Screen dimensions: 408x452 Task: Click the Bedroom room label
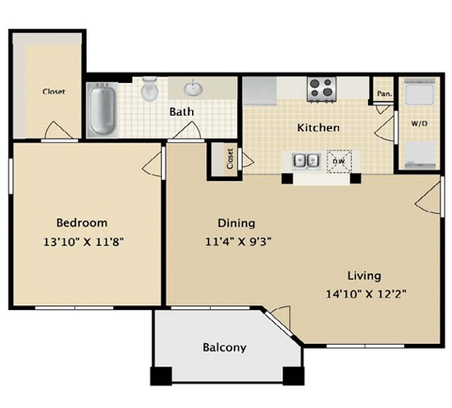[81, 222]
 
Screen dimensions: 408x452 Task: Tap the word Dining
[236, 223]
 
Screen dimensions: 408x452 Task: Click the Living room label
[363, 275]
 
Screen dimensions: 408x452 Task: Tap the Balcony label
[224, 347]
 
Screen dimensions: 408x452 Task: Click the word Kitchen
[318, 127]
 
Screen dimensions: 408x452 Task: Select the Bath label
[182, 112]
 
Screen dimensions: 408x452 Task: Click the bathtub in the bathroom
[101, 108]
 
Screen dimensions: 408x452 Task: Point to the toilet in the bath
[149, 90]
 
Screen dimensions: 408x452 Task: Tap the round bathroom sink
[194, 90]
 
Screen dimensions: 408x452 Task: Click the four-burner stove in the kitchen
[322, 89]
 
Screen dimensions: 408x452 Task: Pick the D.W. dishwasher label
[337, 160]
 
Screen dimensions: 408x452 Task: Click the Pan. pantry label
[383, 93]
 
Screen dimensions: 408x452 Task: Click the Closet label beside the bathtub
[53, 92]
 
